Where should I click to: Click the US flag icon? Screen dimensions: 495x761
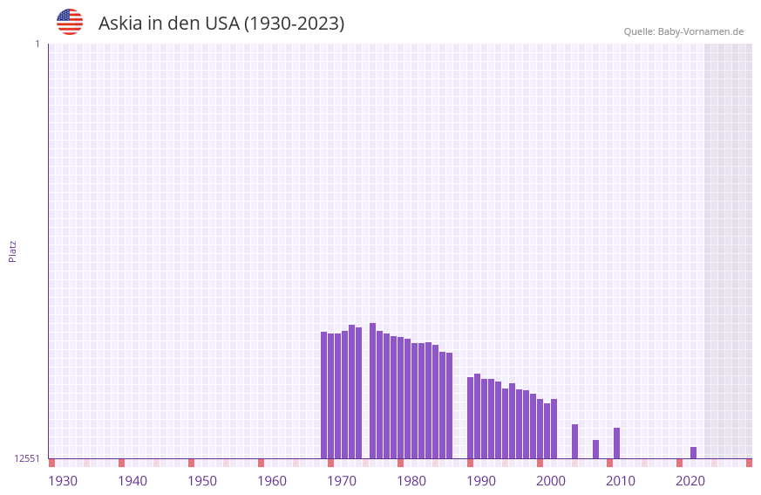coord(70,22)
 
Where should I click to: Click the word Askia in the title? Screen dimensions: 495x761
coord(119,24)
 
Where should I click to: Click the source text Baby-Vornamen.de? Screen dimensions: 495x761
coord(700,31)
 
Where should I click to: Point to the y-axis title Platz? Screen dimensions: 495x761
coord(12,251)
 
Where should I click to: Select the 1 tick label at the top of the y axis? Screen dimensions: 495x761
coord(37,44)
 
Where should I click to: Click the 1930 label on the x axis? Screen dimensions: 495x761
coord(63,481)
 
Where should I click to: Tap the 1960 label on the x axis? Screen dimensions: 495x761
coord(272,481)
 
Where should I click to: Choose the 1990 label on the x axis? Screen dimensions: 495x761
coord(481,481)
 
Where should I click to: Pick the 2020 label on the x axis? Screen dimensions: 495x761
coord(690,481)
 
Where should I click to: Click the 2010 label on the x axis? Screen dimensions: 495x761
coord(621,481)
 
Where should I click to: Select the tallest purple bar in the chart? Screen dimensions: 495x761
coord(372,390)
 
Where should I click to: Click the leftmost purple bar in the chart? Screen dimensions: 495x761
coord(323,395)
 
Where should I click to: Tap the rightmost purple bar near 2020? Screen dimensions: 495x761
coord(693,452)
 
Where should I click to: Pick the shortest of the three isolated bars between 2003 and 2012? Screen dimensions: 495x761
coord(595,449)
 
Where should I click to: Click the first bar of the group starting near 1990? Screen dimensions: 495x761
coord(470,417)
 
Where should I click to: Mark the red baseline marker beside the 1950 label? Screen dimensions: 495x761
coord(191,463)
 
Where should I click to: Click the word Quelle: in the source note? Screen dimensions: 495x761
coord(639,31)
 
